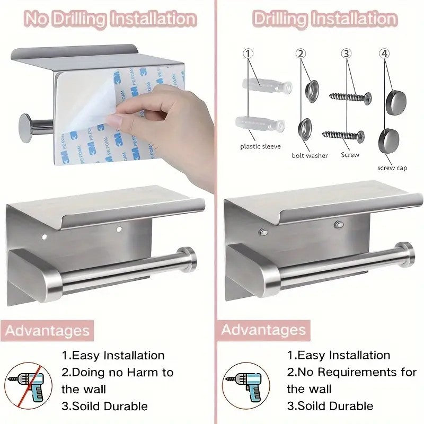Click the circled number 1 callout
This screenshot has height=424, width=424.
[x=249, y=54]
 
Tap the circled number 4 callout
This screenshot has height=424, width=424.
[x=385, y=54]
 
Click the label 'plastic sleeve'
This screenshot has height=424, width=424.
[x=260, y=146]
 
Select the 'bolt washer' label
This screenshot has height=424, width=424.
[x=310, y=155]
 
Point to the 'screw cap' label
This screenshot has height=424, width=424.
[x=392, y=167]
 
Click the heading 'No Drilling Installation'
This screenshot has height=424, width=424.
[x=110, y=19]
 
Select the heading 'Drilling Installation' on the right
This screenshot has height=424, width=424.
[x=324, y=19]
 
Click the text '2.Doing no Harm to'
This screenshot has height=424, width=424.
[x=118, y=373]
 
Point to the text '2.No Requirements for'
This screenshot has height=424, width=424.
[x=352, y=372]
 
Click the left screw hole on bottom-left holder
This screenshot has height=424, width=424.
[x=45, y=233]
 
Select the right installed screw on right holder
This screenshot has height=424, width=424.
[x=338, y=225]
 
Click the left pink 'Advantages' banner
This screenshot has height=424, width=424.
[x=47, y=331]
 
